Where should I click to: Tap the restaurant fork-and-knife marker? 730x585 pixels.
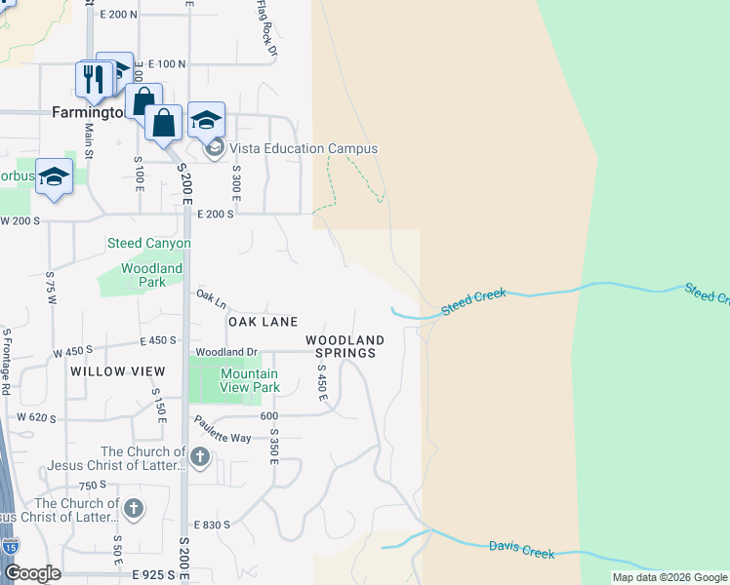[x=94, y=80]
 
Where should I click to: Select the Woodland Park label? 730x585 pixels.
[x=151, y=275]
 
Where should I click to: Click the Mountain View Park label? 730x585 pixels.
[x=250, y=380]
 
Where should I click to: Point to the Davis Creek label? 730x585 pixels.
[x=521, y=551]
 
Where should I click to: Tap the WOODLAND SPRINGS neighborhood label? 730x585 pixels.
[x=345, y=346]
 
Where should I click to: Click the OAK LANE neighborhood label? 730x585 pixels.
[x=263, y=322]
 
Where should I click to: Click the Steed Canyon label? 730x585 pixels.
[x=148, y=243]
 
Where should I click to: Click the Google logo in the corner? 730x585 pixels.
[x=32, y=573]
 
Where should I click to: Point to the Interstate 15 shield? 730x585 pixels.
[x=10, y=546]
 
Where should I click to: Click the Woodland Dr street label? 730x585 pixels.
[x=225, y=352]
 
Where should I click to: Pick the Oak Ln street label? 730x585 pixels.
[x=211, y=296]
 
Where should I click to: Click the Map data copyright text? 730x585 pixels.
[x=669, y=577]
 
